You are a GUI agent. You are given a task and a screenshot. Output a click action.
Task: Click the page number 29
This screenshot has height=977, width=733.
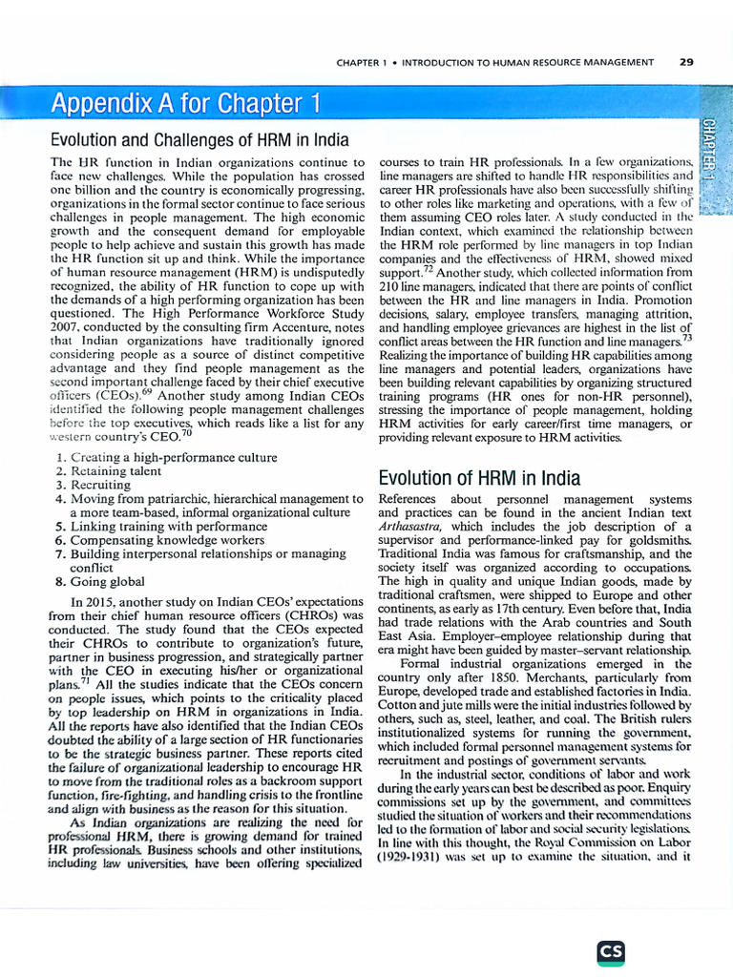[686, 62]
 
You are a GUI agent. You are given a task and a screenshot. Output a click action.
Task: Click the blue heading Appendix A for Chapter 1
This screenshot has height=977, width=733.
[185, 102]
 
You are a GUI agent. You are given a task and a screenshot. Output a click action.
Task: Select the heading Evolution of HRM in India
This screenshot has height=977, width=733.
[479, 477]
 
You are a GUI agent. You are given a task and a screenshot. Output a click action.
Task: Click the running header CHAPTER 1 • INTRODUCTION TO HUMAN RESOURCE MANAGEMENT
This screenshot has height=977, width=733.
[495, 62]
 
